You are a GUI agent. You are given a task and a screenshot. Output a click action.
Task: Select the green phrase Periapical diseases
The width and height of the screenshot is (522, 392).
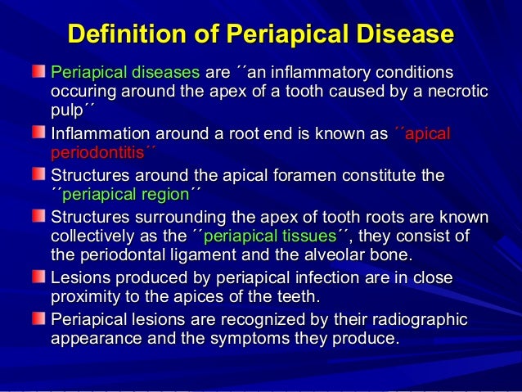tap(125, 72)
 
